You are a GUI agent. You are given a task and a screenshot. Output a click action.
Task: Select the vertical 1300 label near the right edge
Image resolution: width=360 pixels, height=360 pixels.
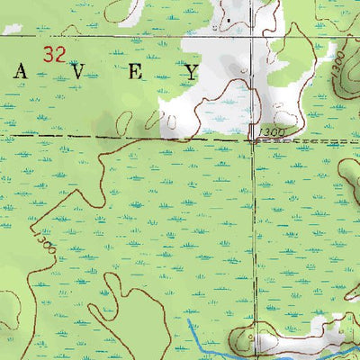click(x=337, y=85)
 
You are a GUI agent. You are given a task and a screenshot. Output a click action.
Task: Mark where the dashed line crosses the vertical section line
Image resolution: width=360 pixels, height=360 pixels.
click(x=252, y=139)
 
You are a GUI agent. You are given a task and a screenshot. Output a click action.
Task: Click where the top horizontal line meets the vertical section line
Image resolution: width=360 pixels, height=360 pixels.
click(x=253, y=36)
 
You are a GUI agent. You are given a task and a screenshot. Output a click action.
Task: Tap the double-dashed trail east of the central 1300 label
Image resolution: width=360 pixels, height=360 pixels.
click(x=315, y=142)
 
